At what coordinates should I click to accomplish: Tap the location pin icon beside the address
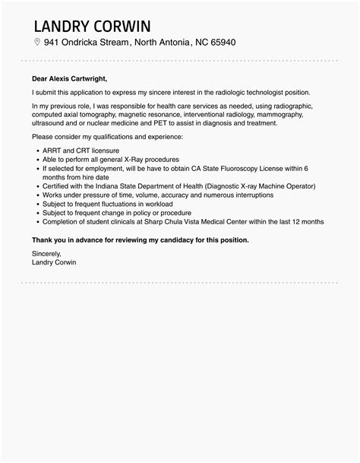(36, 42)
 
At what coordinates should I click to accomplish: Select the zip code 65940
(220, 42)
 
